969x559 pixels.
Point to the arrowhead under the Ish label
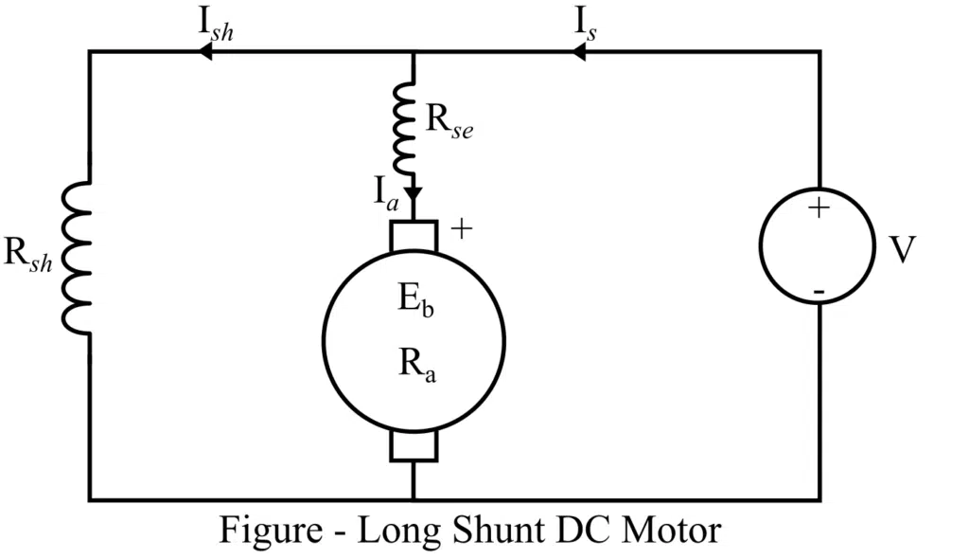pyautogui.click(x=203, y=53)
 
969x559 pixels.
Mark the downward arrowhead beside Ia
pyautogui.click(x=414, y=193)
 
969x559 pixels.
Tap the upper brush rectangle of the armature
pyautogui.click(x=414, y=236)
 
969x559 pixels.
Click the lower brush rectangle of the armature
pyautogui.click(x=414, y=445)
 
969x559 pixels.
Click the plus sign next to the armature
pyautogui.click(x=460, y=229)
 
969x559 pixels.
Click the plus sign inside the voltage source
pyautogui.click(x=819, y=209)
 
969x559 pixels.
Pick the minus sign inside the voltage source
pyautogui.click(x=819, y=290)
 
